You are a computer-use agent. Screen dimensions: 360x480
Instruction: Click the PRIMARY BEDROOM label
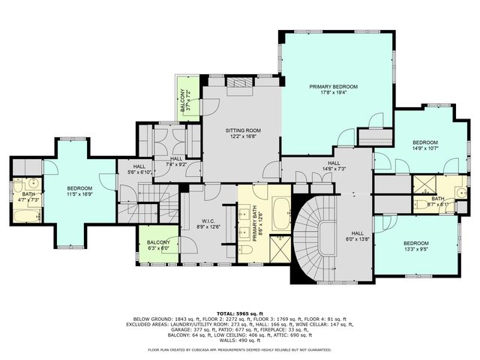click(x=334, y=87)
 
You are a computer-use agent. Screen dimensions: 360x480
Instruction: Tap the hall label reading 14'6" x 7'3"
click(x=334, y=168)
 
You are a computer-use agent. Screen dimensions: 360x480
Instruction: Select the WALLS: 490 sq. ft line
click(x=240, y=341)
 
